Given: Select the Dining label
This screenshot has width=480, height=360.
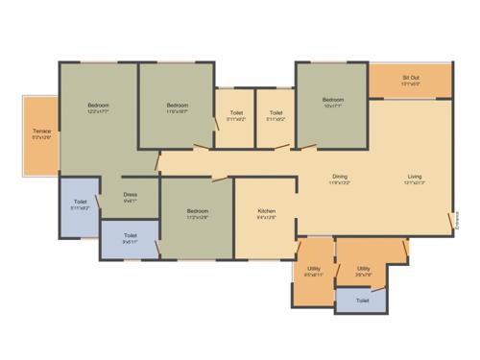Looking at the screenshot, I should (340, 176).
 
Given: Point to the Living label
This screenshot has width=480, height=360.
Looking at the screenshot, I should (415, 176).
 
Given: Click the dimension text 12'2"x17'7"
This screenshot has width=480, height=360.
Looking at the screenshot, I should (99, 112).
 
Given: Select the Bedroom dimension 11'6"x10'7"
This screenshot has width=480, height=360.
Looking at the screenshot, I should (177, 112).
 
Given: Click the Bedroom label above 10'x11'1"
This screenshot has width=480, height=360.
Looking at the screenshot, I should (333, 100).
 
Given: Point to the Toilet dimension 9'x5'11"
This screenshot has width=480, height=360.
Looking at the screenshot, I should (131, 242).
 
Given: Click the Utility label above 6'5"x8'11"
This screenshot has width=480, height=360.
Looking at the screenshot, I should (314, 269).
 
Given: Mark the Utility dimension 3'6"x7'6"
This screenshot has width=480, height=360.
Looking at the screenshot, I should (364, 276).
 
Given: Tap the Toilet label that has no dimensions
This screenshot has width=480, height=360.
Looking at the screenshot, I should (362, 300).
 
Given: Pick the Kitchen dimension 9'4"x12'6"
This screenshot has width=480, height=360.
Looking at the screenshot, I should (267, 218).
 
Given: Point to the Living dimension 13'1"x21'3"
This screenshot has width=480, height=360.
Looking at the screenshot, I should (415, 182).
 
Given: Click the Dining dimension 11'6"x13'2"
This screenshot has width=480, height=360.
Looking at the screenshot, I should (340, 182).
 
